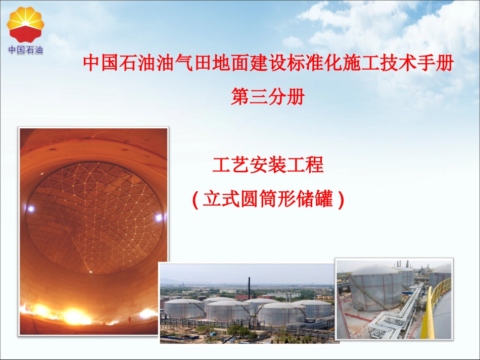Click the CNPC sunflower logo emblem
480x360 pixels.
click(x=25, y=24)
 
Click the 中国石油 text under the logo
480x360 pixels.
click(x=25, y=50)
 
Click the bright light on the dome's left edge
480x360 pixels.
click(x=31, y=208)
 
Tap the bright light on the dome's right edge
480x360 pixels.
click(x=159, y=218)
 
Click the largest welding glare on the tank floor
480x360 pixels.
click(x=76, y=317)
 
